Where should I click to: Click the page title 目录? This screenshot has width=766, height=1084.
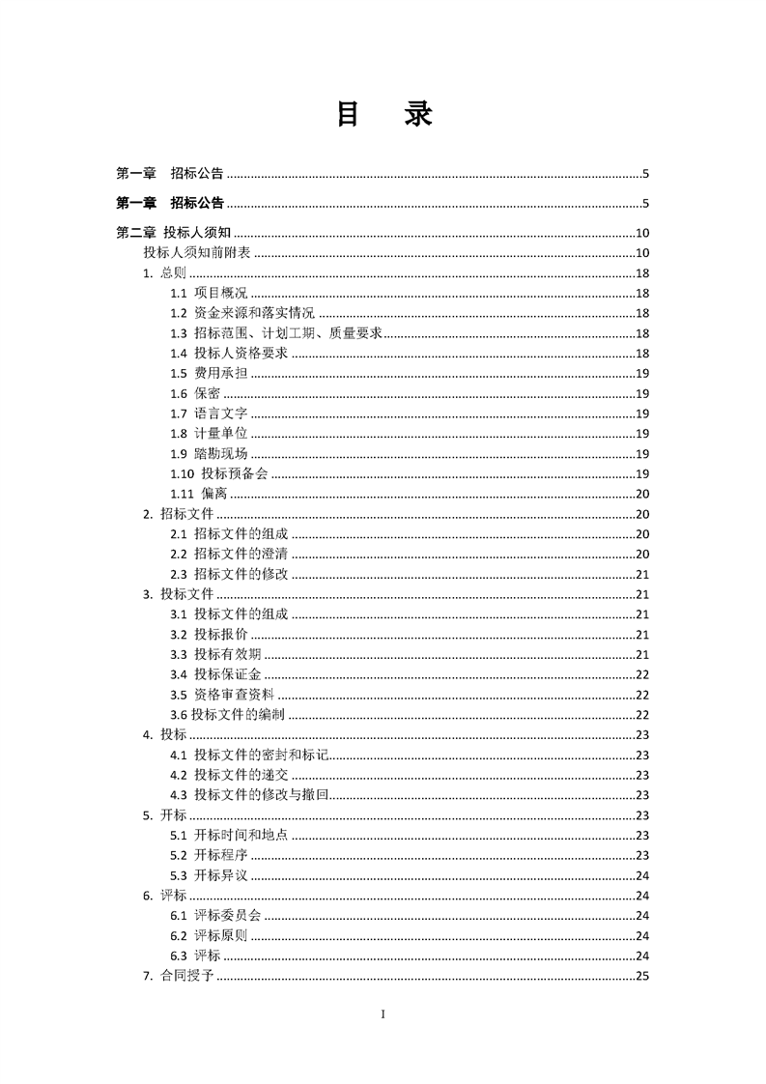pos(383,114)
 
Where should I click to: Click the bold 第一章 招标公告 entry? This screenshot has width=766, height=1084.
pos(170,203)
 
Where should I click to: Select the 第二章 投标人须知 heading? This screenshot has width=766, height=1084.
pos(172,233)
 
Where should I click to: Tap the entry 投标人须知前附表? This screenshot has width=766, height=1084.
pos(196,253)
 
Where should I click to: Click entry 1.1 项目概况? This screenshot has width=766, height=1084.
pos(209,293)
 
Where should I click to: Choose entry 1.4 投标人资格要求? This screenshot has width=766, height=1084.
pos(228,354)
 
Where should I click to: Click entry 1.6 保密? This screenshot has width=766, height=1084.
pos(195,393)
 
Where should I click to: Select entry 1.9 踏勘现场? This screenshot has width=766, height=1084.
pos(209,454)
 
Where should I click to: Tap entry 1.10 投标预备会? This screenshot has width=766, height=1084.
pos(219,473)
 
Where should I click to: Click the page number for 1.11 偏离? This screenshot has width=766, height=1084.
pos(641,494)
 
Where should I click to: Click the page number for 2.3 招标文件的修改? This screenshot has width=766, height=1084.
pos(641,575)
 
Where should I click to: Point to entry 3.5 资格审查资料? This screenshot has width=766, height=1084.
pos(222,695)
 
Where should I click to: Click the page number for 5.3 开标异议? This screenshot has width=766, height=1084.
pos(641,875)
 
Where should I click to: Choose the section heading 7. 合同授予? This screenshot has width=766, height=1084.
pos(178,976)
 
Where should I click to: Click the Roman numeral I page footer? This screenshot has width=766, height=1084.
pos(383,1014)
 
